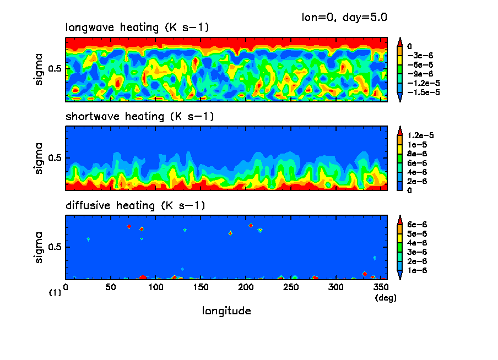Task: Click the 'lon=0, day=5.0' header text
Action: (344, 17)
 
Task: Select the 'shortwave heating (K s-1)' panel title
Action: (139, 117)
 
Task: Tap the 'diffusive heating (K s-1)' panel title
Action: (135, 206)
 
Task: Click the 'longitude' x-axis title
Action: (226, 311)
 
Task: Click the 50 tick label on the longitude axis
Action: (111, 287)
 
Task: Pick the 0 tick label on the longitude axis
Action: (66, 287)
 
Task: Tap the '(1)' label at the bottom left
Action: (55, 293)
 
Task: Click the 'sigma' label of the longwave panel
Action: (39, 69)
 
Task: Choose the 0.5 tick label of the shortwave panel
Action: (55, 158)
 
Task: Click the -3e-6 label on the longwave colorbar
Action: (419, 56)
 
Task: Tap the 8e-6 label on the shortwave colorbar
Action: (417, 154)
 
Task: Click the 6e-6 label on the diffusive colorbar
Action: (417, 225)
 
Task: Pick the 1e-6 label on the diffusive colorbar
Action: (417, 271)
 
